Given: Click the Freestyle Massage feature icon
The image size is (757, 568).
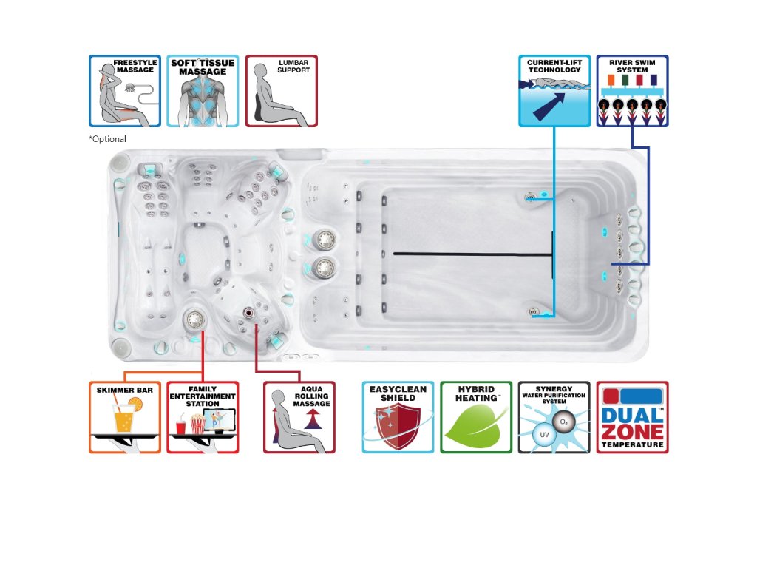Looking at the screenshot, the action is click(124, 91).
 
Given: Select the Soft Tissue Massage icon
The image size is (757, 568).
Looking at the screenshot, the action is click(203, 91).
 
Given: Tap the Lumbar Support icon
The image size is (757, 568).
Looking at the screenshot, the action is click(281, 91).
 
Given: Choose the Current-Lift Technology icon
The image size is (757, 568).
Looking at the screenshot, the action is click(554, 91).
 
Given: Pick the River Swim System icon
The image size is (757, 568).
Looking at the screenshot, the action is click(632, 91).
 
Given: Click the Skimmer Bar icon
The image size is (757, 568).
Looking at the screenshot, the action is click(124, 417).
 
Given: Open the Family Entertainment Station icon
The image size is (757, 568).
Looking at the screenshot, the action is click(203, 417).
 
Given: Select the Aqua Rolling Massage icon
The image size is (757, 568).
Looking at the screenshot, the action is click(299, 417).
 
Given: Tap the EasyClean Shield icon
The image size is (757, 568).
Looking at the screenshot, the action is click(398, 417).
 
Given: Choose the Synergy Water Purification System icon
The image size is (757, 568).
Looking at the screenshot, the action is click(554, 417).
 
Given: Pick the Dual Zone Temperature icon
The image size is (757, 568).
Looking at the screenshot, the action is click(632, 417).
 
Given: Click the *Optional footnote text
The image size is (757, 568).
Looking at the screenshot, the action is click(107, 139).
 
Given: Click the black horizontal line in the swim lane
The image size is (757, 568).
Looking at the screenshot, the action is click(473, 254).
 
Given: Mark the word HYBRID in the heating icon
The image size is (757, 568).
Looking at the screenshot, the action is click(476, 389).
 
